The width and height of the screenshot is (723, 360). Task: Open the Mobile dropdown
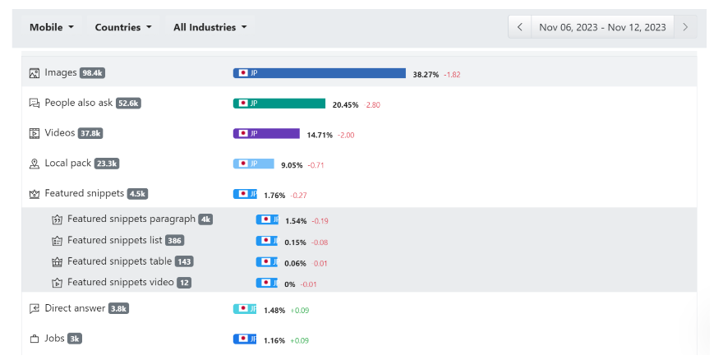pos(51,27)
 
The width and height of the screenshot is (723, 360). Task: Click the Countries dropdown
pos(123,27)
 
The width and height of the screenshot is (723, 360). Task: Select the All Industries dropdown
pos(210,27)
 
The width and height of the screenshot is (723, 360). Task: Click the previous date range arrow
pos(519,27)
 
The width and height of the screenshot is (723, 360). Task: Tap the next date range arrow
pos(685,27)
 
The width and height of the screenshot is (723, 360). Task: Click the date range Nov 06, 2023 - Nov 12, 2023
pos(602,27)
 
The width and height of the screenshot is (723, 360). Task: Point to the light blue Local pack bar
pos(254,164)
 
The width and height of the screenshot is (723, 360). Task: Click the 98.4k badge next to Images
pos(92,73)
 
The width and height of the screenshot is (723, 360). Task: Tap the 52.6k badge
pos(128,104)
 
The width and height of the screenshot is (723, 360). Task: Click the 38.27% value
pos(426,74)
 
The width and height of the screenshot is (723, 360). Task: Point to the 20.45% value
pos(345,104)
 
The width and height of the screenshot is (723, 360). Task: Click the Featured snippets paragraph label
pos(131,219)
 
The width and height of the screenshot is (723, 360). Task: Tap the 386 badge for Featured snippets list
pos(174,241)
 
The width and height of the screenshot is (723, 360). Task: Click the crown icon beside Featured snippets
pos(35,194)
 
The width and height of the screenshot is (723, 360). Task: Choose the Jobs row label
pos(54,339)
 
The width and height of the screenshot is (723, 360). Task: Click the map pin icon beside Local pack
pos(35,164)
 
